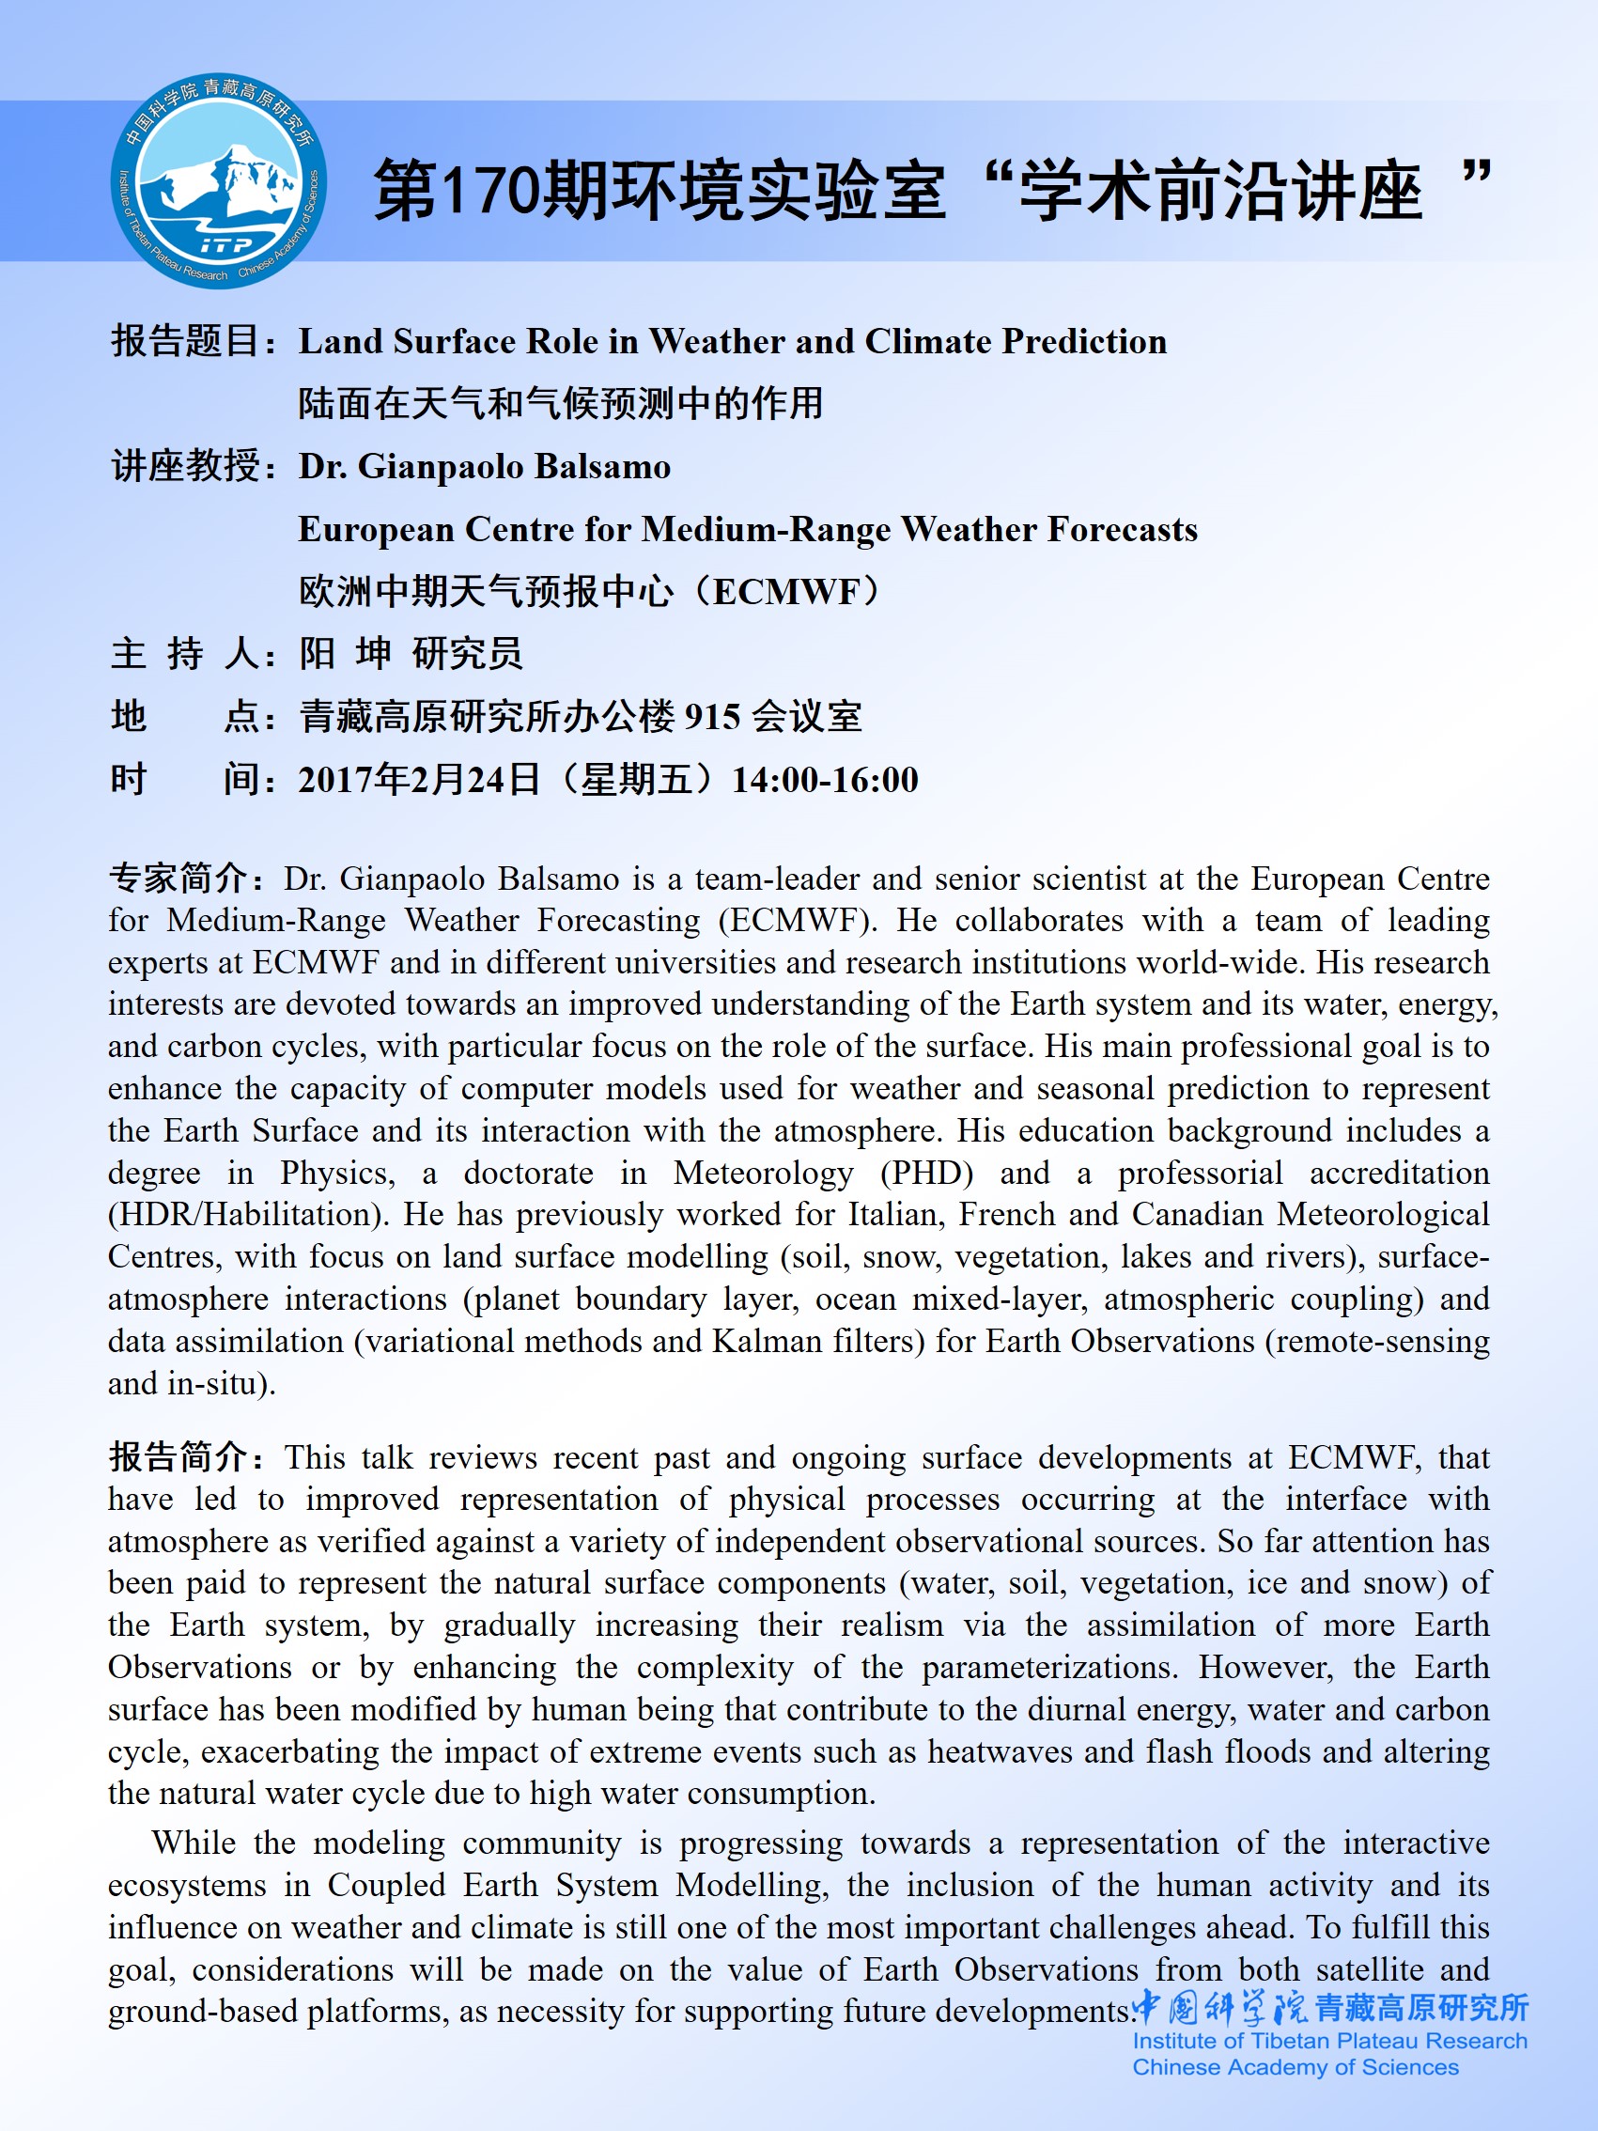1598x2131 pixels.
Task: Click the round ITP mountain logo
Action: coord(219,181)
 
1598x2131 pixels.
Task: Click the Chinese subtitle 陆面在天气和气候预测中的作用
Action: coord(561,404)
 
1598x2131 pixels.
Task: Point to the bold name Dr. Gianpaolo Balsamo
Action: coord(485,467)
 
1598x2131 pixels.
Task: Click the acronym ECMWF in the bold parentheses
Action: coord(789,593)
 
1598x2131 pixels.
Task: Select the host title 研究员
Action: coord(467,654)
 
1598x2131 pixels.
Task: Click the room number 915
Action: coord(712,718)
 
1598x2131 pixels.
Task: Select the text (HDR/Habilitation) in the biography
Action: coord(248,1215)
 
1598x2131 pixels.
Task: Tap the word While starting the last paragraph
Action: coord(194,1843)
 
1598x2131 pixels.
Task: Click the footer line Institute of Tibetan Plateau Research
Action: coord(1329,2042)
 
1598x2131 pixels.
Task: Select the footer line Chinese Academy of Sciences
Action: coord(1295,2067)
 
